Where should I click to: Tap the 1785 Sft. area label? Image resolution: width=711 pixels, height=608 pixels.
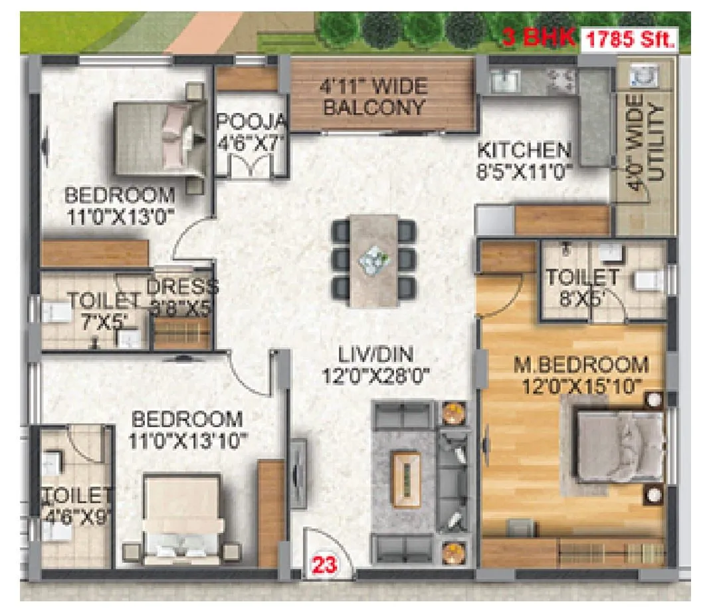tap(629, 40)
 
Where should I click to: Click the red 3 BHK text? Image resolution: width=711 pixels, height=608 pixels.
tap(538, 37)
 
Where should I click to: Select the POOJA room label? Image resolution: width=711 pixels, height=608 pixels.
tap(251, 122)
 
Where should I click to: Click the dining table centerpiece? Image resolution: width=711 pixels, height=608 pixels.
tap(373, 257)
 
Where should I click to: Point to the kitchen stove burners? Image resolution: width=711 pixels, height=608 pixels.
tap(561, 80)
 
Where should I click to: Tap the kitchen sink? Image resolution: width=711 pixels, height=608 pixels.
tap(505, 80)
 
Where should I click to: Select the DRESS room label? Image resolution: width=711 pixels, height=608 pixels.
tap(182, 287)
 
